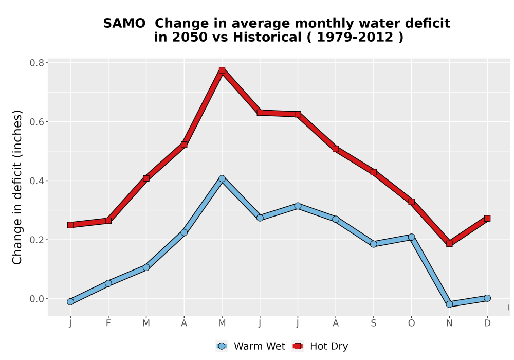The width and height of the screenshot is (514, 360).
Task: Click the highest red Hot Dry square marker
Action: click(x=222, y=70)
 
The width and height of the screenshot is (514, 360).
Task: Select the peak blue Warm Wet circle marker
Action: click(x=222, y=178)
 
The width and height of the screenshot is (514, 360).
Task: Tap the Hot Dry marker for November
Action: click(x=449, y=244)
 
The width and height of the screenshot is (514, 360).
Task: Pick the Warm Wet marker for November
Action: click(x=449, y=304)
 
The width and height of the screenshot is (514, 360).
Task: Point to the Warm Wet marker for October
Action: click(x=411, y=237)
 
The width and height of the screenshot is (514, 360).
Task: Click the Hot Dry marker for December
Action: click(x=487, y=219)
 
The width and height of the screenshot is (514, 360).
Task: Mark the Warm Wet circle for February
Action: click(x=108, y=283)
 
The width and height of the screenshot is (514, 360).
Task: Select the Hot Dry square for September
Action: click(x=373, y=172)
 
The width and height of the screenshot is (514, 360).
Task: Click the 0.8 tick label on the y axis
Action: click(x=36, y=63)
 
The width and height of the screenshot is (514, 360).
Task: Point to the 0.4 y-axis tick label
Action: click(x=36, y=181)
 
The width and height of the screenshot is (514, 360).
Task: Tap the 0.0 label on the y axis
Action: click(x=36, y=299)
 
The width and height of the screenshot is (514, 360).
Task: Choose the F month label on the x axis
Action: click(x=108, y=323)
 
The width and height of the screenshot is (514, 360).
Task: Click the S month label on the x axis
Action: click(x=373, y=323)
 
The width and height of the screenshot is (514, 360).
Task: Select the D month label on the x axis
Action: click(x=487, y=323)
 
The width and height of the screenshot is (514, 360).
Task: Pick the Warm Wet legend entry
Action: click(x=251, y=346)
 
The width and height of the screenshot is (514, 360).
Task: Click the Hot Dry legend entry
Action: click(x=320, y=346)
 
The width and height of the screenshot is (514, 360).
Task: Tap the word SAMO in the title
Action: click(x=124, y=24)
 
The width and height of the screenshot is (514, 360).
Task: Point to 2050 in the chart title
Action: click(x=190, y=38)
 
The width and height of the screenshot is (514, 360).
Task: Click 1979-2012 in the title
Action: click(x=355, y=38)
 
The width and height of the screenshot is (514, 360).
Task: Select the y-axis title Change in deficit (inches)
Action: click(x=17, y=187)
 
